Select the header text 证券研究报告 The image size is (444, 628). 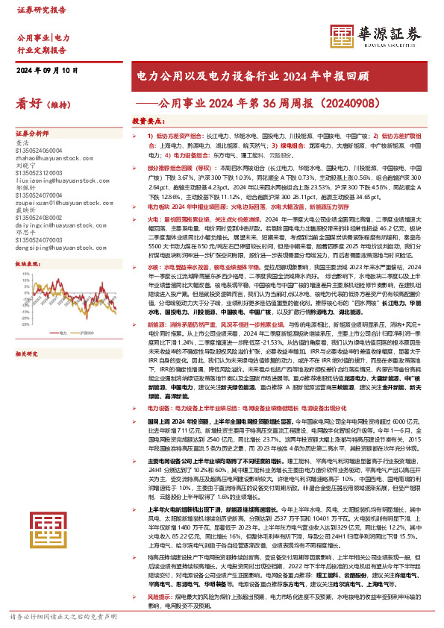point(39,11)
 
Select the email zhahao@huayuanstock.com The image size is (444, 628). point(55,158)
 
